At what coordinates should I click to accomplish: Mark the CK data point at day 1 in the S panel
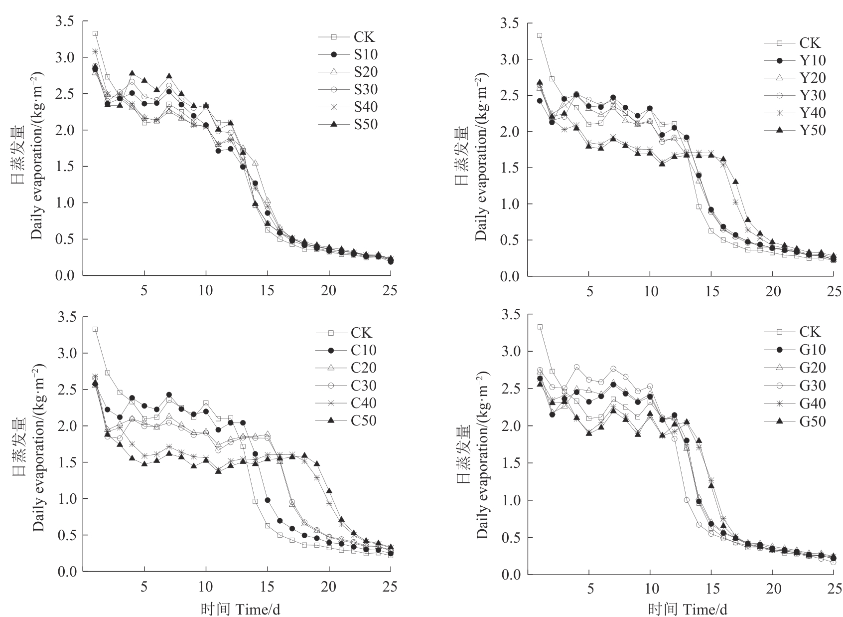[95, 33]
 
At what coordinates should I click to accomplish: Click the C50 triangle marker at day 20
[329, 491]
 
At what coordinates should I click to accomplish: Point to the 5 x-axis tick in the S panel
[144, 291]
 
